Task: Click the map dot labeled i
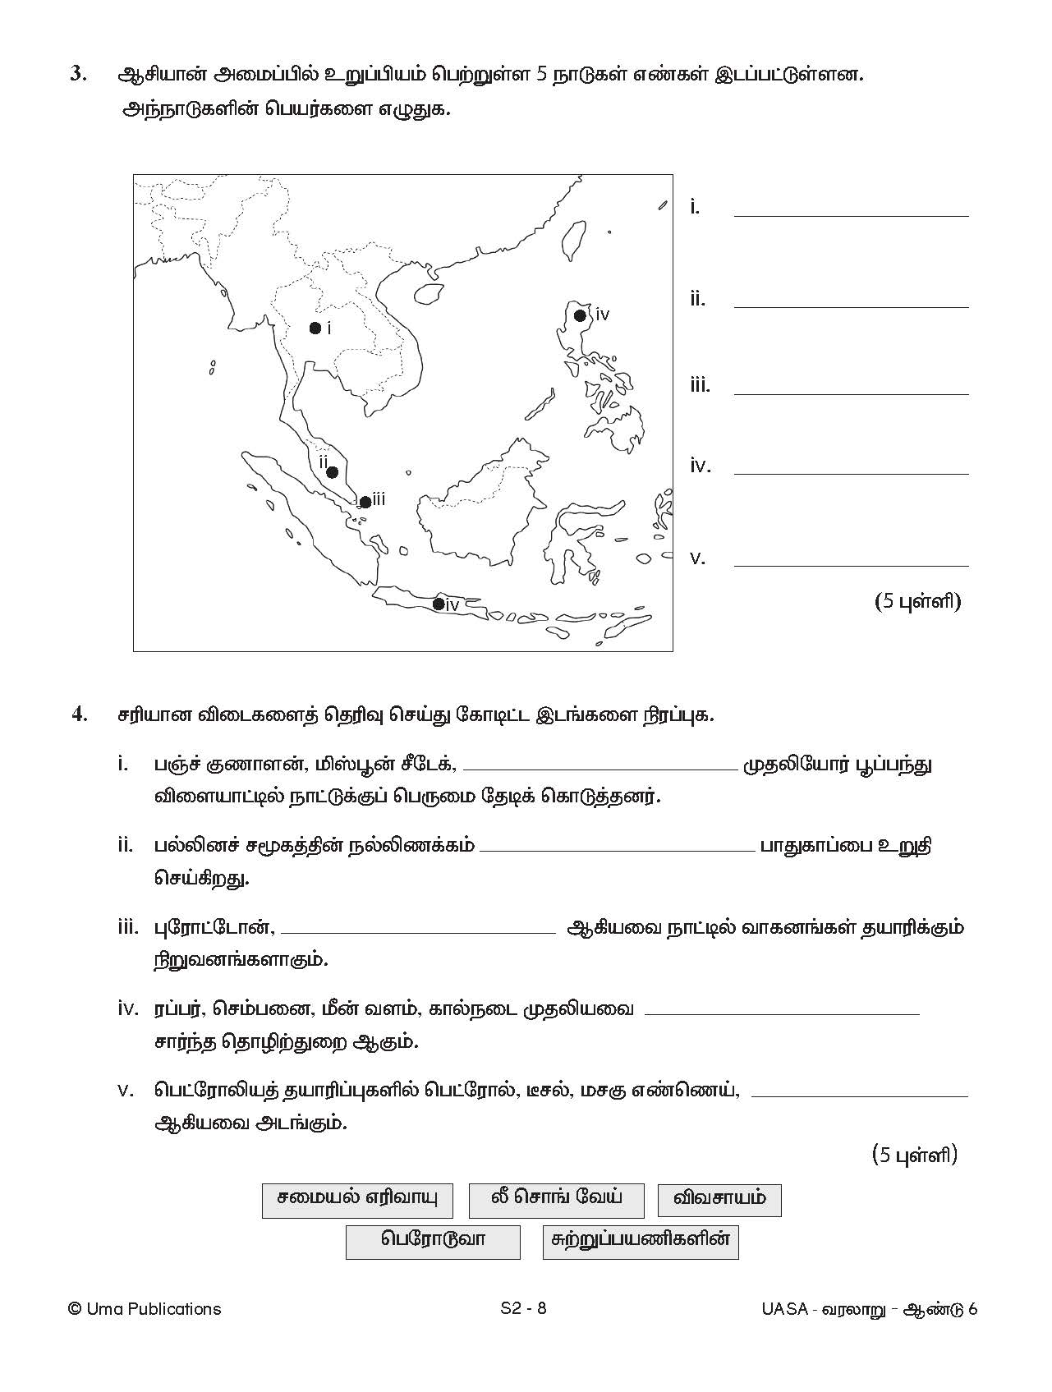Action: pyautogui.click(x=315, y=328)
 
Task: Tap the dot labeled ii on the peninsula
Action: pyautogui.click(x=332, y=472)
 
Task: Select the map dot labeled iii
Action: pyautogui.click(x=365, y=502)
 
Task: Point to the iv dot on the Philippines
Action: pyautogui.click(x=580, y=315)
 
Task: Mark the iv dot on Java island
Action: pyautogui.click(x=439, y=605)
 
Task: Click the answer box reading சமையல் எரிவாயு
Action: pyautogui.click(x=357, y=1200)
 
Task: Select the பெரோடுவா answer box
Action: pyautogui.click(x=433, y=1241)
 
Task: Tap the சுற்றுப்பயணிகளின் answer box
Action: pyautogui.click(x=641, y=1241)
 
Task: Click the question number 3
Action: pyautogui.click(x=78, y=74)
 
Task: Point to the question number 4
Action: pyautogui.click(x=79, y=714)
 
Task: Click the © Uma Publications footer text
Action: pyautogui.click(x=145, y=1308)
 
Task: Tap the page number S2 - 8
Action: pyautogui.click(x=523, y=1308)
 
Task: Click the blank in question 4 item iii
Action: pyautogui.click(x=418, y=931)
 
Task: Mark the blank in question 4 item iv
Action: pyautogui.click(x=782, y=1013)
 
